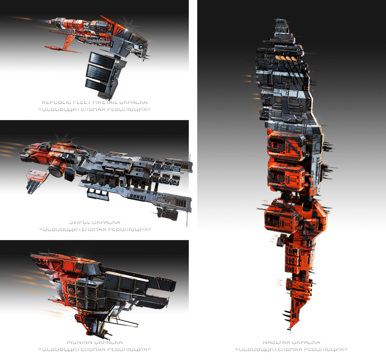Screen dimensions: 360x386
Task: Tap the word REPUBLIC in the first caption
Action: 58,101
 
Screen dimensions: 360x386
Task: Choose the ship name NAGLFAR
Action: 277,341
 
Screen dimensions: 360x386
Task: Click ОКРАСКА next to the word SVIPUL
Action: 108,221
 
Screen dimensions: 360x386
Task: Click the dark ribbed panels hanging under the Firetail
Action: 102,71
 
